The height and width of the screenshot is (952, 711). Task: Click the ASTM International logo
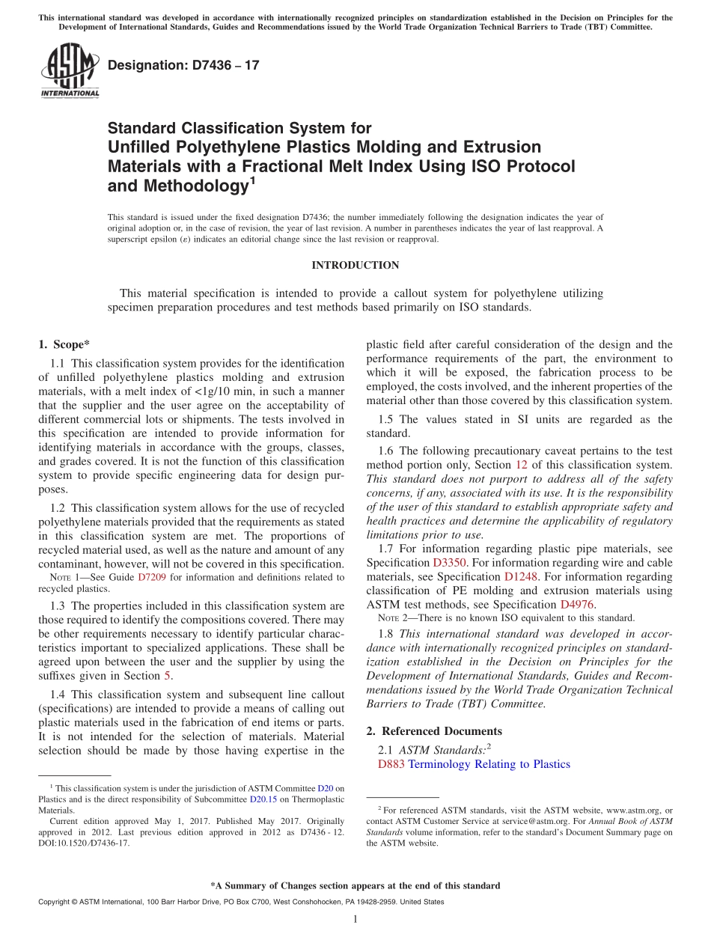click(70, 71)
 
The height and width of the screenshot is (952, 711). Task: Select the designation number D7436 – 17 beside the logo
click(183, 65)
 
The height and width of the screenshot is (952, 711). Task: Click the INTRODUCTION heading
click(355, 265)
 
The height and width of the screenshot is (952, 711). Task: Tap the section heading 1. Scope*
click(64, 344)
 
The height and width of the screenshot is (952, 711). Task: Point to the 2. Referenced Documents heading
click(434, 731)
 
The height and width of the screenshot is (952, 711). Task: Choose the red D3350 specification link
click(448, 561)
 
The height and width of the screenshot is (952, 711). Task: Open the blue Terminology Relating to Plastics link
click(489, 764)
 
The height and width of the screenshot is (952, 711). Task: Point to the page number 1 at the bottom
click(355, 920)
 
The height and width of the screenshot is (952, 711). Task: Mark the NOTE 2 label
click(392, 618)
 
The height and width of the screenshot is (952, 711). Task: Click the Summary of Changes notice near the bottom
click(355, 885)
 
